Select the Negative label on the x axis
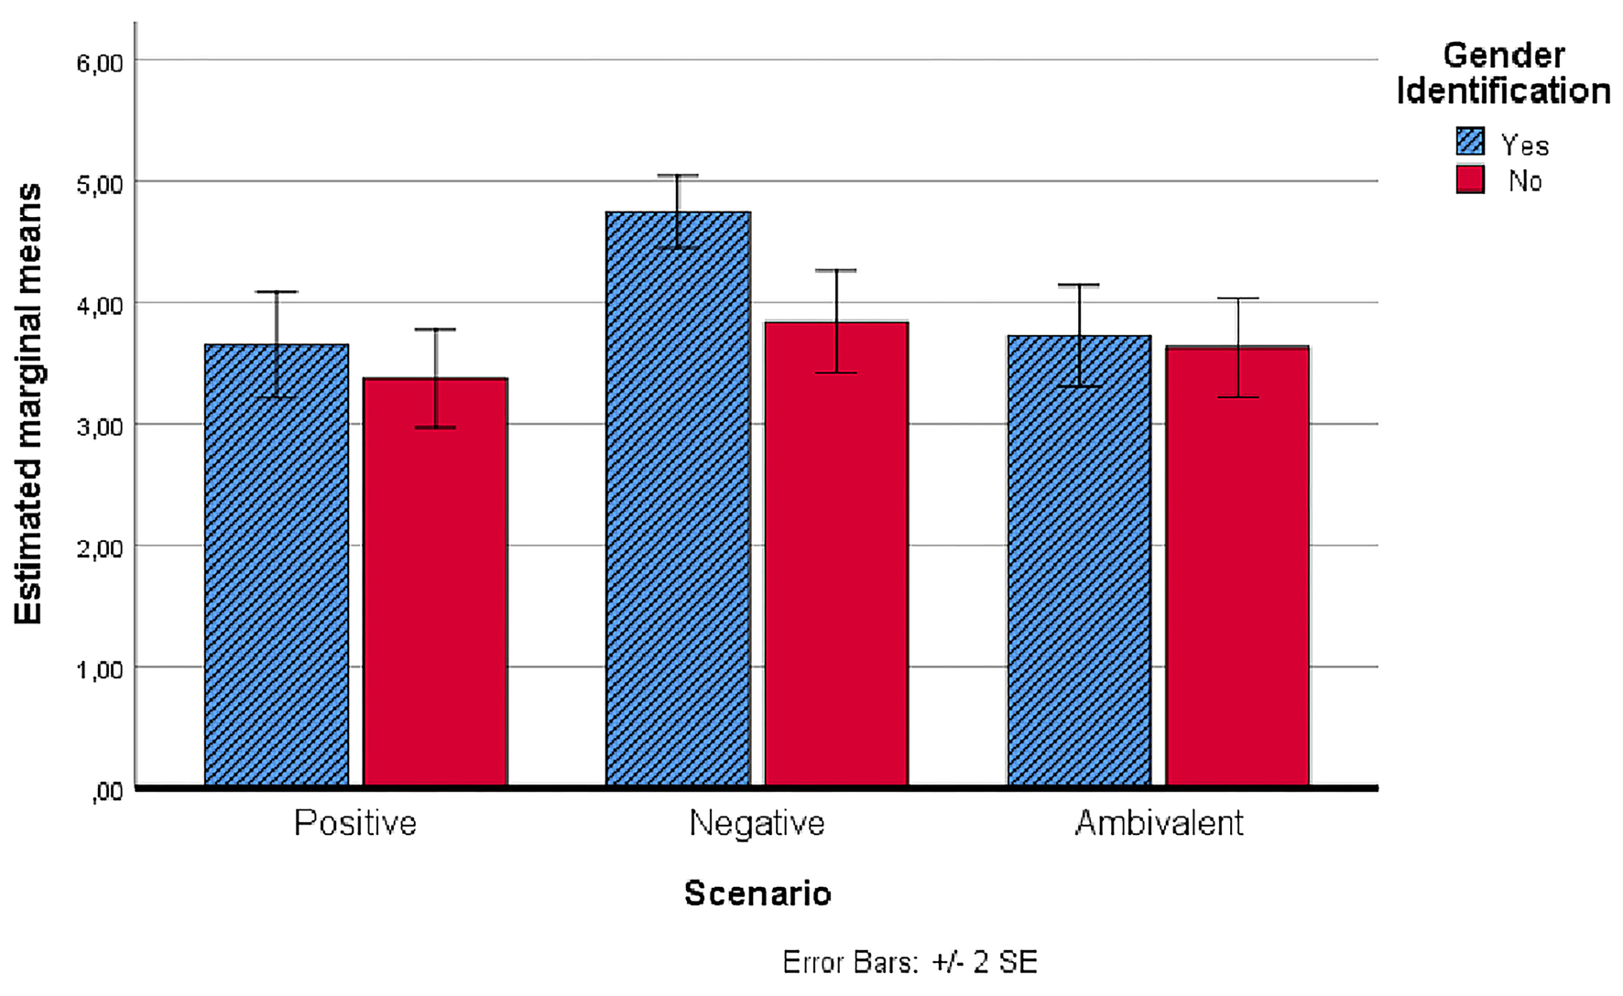click(x=757, y=823)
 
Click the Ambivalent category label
click(x=1159, y=823)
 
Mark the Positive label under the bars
click(x=355, y=823)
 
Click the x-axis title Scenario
click(x=757, y=893)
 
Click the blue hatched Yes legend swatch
click(x=1470, y=142)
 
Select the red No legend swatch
click(x=1470, y=179)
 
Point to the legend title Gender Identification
click(x=1503, y=73)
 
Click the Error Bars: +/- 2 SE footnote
click(x=910, y=962)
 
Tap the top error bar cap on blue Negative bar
click(x=678, y=175)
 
